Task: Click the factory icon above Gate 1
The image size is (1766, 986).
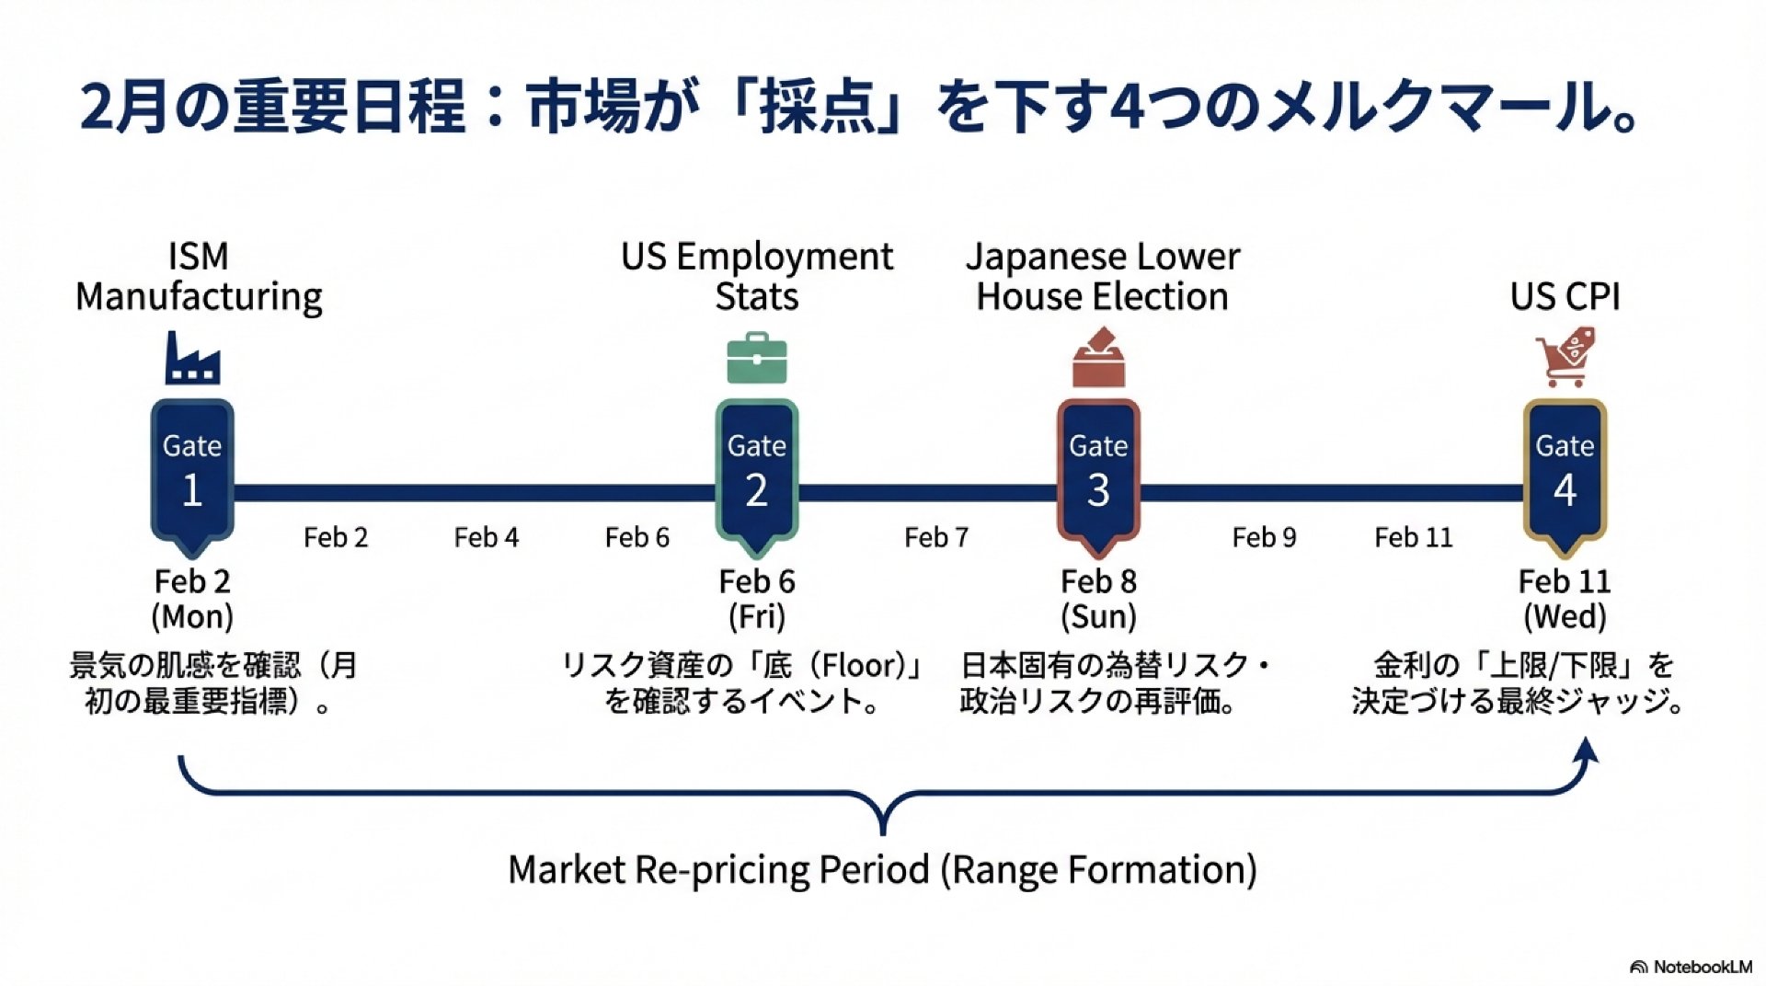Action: point(192,358)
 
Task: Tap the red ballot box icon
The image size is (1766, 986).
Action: point(1098,358)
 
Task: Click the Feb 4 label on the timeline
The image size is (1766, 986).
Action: point(487,537)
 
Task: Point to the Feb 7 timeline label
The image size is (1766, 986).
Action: point(936,537)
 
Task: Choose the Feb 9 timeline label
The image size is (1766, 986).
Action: point(1264,537)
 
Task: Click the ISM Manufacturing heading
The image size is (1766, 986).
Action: point(199,276)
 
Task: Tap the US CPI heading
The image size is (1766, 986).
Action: point(1565,296)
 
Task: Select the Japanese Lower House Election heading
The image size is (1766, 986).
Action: point(1103,276)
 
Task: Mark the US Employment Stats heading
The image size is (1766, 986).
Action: point(757,276)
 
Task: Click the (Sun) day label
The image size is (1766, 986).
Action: point(1098,616)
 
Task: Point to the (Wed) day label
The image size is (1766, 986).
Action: point(1565,616)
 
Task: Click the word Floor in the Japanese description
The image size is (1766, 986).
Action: point(861,665)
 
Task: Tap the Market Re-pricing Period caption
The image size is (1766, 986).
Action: point(883,869)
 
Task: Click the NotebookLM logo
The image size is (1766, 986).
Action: point(1691,967)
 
